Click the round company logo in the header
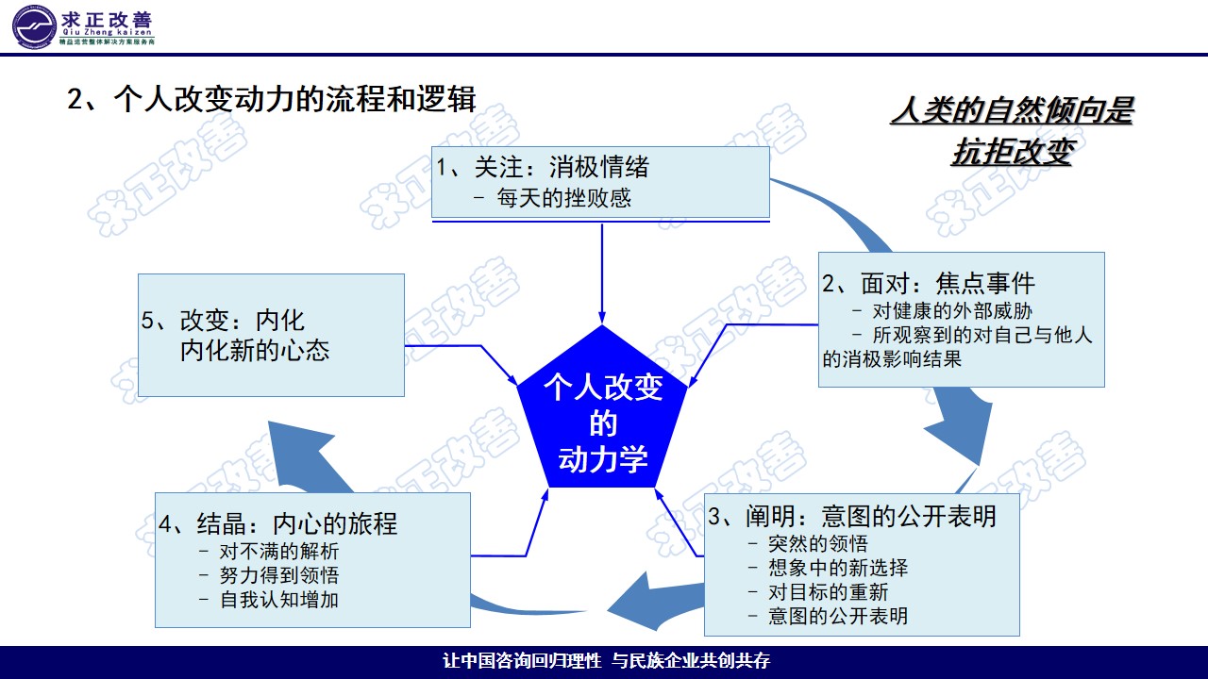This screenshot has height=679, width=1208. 34,25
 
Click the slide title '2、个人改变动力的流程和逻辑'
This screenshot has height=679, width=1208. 272,100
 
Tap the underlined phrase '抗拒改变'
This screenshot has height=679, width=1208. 1011,152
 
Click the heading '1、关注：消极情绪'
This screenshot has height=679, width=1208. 543,168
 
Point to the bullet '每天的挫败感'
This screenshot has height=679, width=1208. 563,198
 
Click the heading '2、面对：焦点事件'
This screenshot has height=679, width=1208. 929,283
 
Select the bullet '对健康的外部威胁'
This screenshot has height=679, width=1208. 957,311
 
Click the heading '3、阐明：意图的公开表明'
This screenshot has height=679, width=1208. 852,516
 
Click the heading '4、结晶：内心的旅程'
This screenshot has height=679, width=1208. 278,523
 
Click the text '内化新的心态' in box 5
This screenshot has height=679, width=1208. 255,351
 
